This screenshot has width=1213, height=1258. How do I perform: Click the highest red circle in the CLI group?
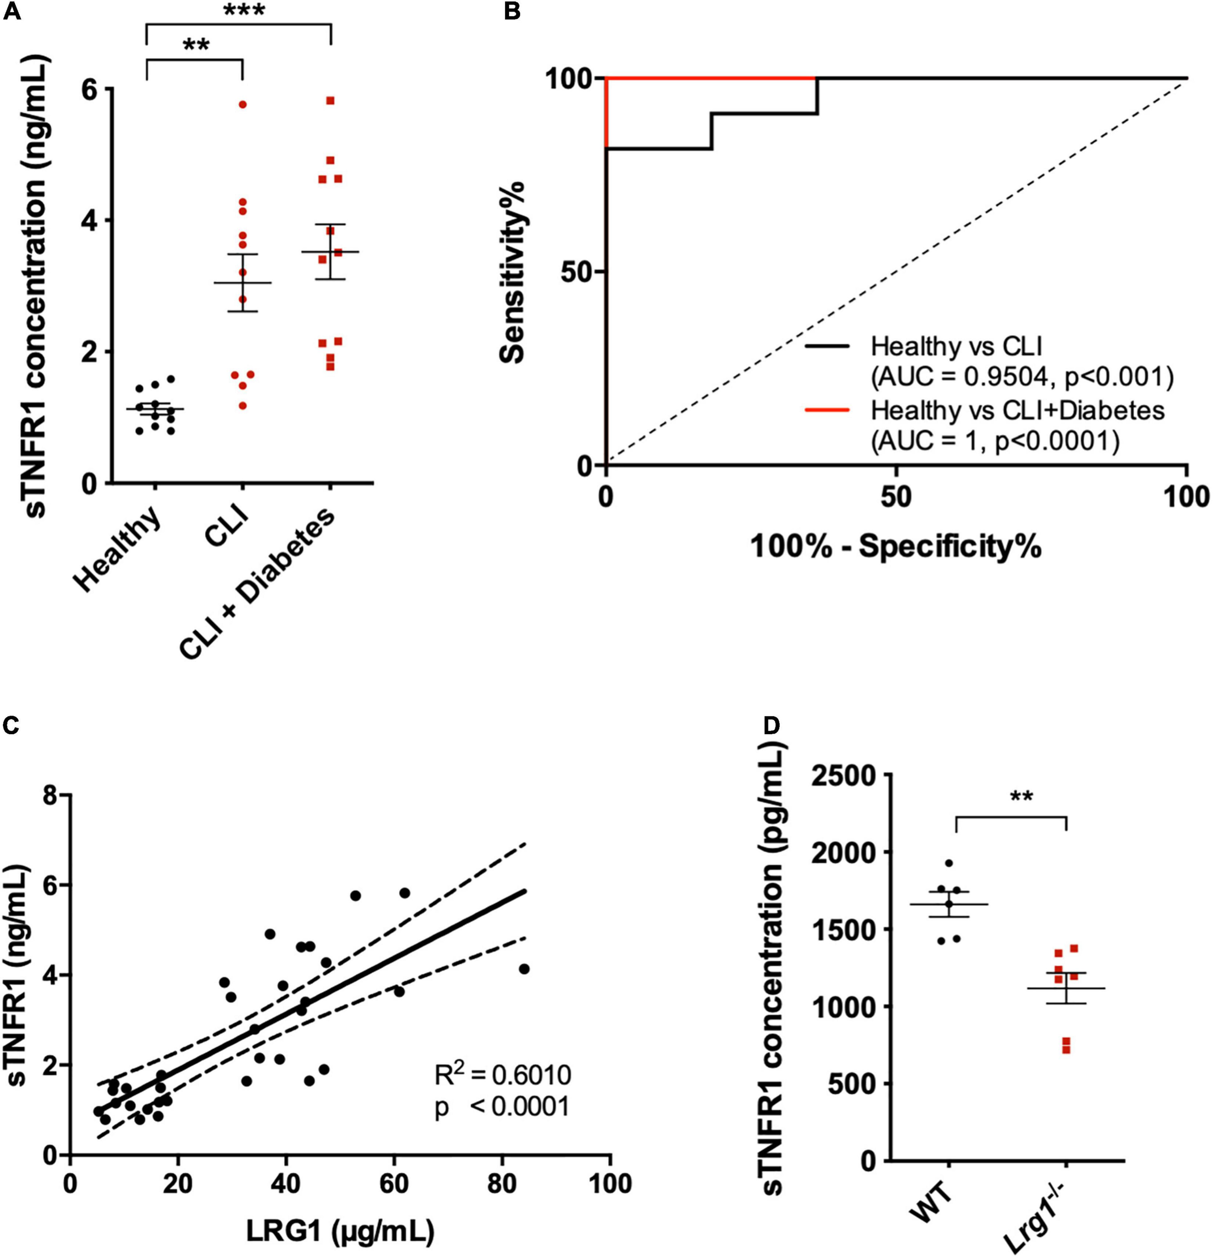pyautogui.click(x=242, y=104)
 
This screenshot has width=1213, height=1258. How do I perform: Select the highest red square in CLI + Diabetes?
pyautogui.click(x=330, y=101)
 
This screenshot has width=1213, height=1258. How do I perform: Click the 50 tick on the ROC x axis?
pyautogui.click(x=896, y=498)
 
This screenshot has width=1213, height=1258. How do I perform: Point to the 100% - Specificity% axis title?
pyautogui.click(x=896, y=547)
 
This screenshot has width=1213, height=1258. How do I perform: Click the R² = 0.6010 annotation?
pyautogui.click(x=502, y=1074)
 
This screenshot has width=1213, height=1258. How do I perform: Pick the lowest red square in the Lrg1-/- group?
pyautogui.click(x=1066, y=1049)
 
